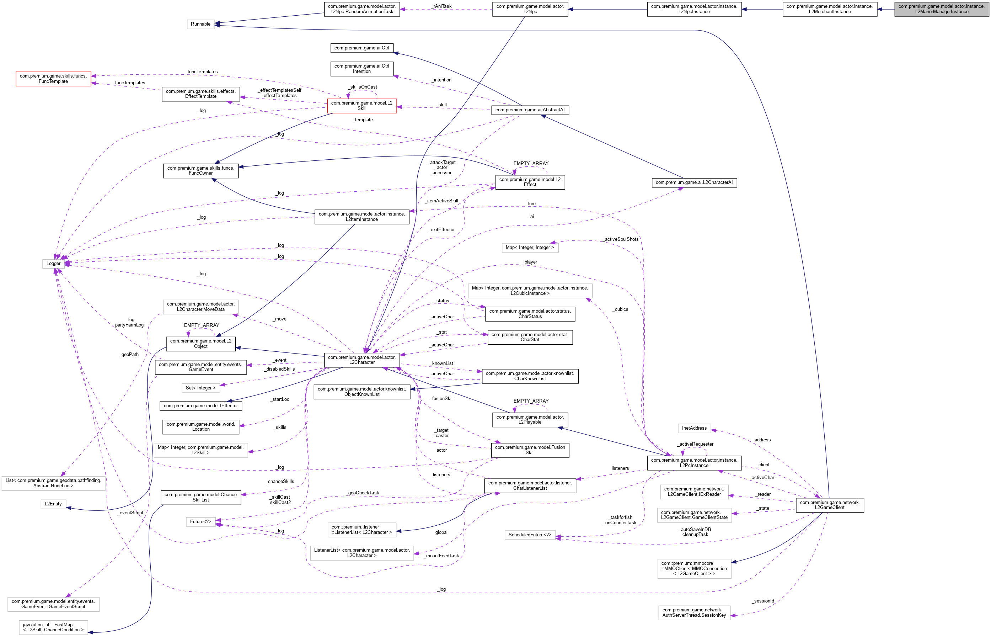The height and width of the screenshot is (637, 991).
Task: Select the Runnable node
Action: (200, 24)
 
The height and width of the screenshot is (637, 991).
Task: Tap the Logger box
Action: (53, 264)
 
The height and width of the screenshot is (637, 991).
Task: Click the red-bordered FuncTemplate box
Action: (53, 79)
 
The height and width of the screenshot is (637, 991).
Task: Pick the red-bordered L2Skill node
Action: (361, 106)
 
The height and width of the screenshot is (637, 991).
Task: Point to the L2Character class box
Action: (361, 360)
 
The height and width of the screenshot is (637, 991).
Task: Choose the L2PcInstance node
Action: (694, 463)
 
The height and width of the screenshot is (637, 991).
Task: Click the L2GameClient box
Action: (829, 505)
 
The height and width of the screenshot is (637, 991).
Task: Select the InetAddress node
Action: (694, 428)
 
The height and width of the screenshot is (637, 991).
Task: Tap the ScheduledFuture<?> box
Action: (530, 535)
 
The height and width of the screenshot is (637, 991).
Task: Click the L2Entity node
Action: (53, 504)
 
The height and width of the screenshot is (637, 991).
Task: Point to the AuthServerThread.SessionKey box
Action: (694, 612)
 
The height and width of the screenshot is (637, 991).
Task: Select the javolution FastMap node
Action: (53, 627)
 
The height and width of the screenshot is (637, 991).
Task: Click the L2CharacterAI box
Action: (694, 182)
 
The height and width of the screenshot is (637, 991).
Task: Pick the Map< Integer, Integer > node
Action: (530, 247)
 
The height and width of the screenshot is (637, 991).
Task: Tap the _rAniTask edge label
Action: (442, 6)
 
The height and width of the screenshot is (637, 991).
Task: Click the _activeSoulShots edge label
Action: (621, 239)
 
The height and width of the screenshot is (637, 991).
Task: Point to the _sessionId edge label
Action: (763, 601)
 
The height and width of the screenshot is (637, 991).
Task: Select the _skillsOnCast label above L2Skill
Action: (363, 87)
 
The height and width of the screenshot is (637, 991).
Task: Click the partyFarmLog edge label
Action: (129, 325)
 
